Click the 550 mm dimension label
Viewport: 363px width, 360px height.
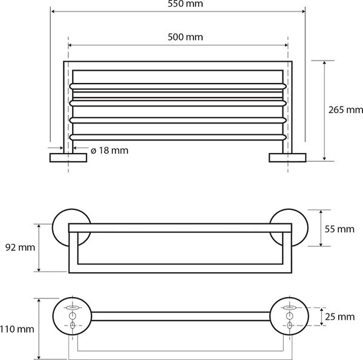click(x=185, y=4)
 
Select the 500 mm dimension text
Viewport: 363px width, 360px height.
click(x=185, y=37)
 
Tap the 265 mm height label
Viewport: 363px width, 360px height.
click(x=345, y=110)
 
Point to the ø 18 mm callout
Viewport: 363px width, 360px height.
click(x=110, y=151)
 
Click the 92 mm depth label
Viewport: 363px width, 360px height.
click(x=20, y=247)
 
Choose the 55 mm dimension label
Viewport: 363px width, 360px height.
click(x=339, y=229)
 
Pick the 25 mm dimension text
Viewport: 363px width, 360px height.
click(x=339, y=316)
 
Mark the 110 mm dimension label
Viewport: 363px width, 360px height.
click(x=17, y=329)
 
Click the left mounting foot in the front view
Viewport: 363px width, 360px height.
click(x=68, y=158)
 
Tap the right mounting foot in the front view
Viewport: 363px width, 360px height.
click(x=287, y=158)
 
